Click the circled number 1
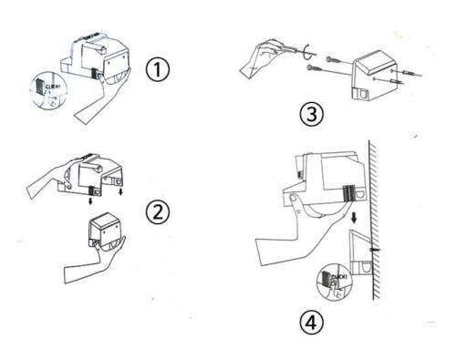coord(158,70)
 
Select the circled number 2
coord(158,212)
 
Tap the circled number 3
coord(312,115)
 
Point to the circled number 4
coord(312,323)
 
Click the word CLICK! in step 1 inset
coord(53,87)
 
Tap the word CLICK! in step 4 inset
coord(339,276)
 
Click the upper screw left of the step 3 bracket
coord(334,60)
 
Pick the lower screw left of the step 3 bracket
coord(316,68)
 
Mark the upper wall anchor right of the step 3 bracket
coord(407,73)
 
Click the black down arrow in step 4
coord(354,218)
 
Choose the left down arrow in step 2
coord(90,201)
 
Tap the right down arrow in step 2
coord(120,191)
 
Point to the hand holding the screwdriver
coord(262,58)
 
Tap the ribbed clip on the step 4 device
coord(349,193)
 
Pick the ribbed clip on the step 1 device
coord(94,73)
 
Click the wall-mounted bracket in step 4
coord(359,252)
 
